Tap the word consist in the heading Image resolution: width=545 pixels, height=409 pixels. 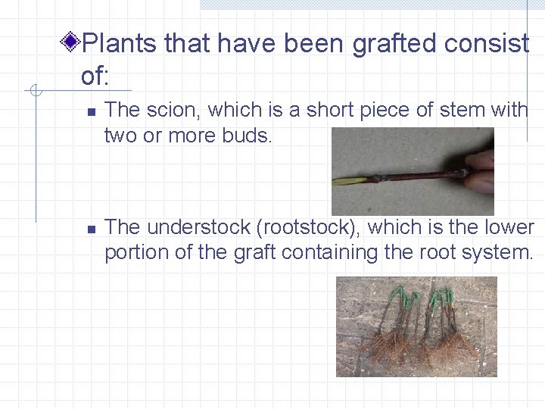point(487,44)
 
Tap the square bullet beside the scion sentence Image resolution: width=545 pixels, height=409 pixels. point(89,111)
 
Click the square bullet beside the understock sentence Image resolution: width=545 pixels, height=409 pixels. point(89,229)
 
